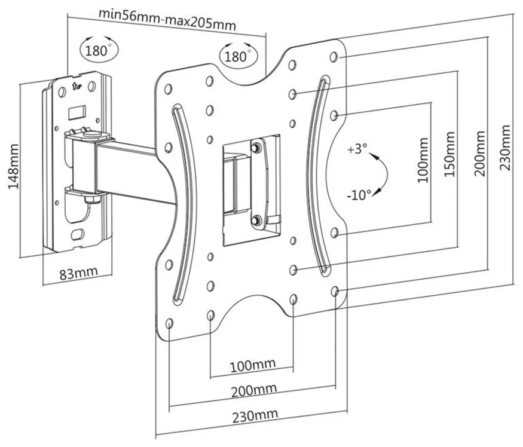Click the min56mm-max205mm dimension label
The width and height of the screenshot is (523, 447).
[x=167, y=19]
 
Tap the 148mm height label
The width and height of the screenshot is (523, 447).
[x=14, y=167]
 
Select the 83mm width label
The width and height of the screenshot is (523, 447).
[x=79, y=273]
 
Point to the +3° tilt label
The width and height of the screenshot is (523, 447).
[x=357, y=148]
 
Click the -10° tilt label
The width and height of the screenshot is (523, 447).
[x=359, y=195]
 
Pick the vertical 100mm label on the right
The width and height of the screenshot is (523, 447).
[x=423, y=160]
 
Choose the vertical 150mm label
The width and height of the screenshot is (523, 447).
[x=449, y=155]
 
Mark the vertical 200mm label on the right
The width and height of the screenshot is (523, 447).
[x=479, y=154]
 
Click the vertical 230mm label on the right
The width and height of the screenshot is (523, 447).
[x=505, y=148]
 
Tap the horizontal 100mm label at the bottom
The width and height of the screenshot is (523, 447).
[x=253, y=365]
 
